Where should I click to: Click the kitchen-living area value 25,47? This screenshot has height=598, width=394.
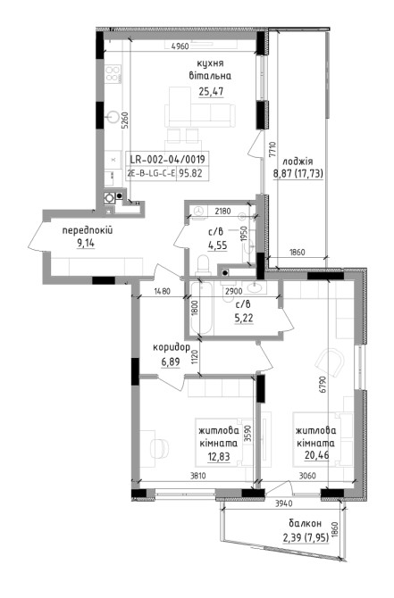pos(211,92)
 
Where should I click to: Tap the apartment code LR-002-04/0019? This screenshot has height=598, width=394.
pos(167,159)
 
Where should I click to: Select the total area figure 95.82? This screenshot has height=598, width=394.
pos(191,173)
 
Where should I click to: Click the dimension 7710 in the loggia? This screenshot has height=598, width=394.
pos(272,150)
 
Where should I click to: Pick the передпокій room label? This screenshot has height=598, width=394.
pos(88,230)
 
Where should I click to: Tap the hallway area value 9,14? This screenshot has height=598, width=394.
pos(86,243)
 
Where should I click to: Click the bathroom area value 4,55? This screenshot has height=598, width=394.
pos(218,245)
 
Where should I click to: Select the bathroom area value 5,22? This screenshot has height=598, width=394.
pos(244,318)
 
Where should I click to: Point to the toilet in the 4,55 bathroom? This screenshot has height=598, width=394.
pos(203,265)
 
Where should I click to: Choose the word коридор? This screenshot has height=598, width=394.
pos(172,348)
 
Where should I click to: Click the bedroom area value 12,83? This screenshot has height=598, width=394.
pos(219,456)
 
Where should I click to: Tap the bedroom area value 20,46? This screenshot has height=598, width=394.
pos(316,455)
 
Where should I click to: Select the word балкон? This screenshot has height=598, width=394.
pos(305,523)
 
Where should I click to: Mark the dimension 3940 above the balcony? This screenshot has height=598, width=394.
pos(284,503)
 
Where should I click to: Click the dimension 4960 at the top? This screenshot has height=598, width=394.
pos(180,46)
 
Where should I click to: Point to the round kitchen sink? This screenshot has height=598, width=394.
pos(113,117)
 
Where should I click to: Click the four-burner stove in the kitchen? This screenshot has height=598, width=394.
pos(113,73)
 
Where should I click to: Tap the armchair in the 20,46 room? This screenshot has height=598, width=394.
pos(330,362)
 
